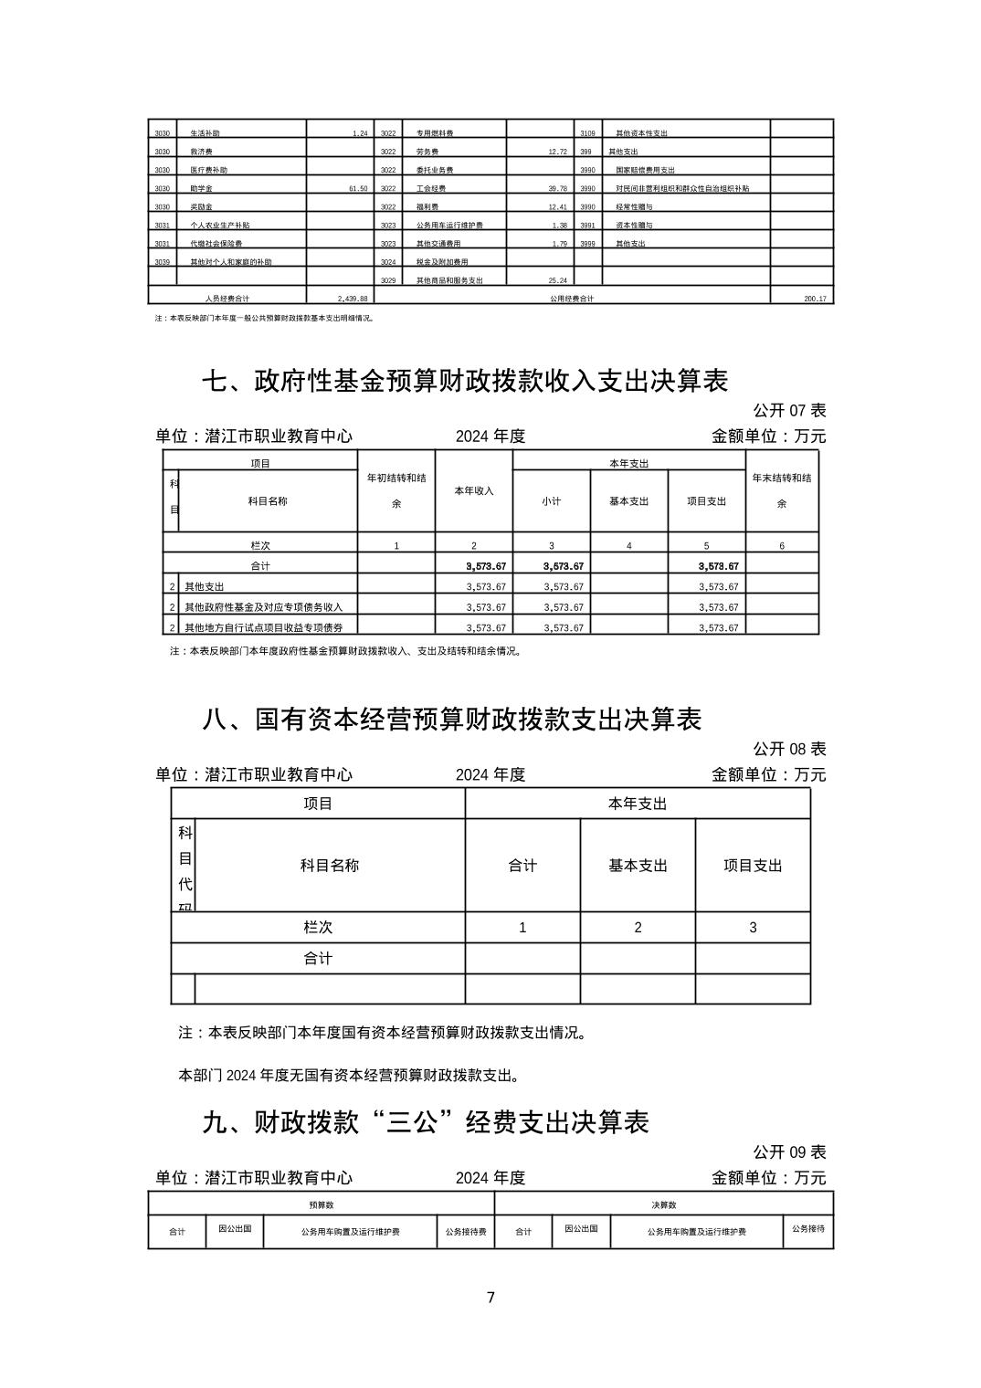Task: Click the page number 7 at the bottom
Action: [490, 1298]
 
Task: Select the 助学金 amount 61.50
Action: [357, 189]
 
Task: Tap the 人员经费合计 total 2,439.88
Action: [352, 299]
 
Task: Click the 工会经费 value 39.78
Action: [556, 189]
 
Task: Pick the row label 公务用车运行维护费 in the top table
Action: [449, 226]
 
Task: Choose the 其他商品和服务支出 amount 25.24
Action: [556, 280]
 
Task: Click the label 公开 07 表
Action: [789, 411]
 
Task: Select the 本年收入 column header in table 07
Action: [473, 491]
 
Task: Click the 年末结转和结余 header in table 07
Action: [782, 490]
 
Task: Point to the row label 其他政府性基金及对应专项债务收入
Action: [270, 607]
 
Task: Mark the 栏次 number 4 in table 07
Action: [628, 546]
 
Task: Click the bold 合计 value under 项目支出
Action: [718, 567]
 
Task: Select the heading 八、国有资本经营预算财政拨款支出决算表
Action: [451, 720]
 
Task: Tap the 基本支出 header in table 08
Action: [638, 866]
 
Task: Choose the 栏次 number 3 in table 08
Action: [753, 928]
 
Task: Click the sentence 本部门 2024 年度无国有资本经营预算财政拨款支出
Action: [350, 1076]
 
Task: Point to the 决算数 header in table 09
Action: [664, 1205]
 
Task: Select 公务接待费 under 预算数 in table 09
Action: [466, 1232]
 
